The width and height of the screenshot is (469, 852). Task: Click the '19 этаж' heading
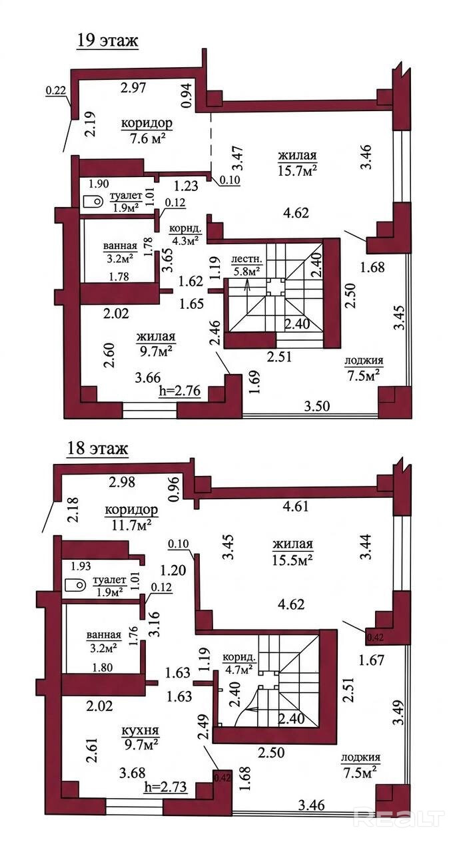(108, 40)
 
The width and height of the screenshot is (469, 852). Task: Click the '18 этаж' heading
(97, 449)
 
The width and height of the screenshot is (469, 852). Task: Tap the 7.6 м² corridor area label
(147, 137)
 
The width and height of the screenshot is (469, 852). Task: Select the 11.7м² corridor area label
(132, 523)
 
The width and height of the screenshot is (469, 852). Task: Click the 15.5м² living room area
(292, 558)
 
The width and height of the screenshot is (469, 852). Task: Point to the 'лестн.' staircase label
(246, 260)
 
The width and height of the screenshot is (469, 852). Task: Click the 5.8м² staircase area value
(246, 271)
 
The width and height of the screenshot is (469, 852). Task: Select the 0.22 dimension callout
(55, 91)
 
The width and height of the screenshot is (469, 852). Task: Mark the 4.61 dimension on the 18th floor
(295, 507)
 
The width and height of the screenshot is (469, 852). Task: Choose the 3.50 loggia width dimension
(317, 406)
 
